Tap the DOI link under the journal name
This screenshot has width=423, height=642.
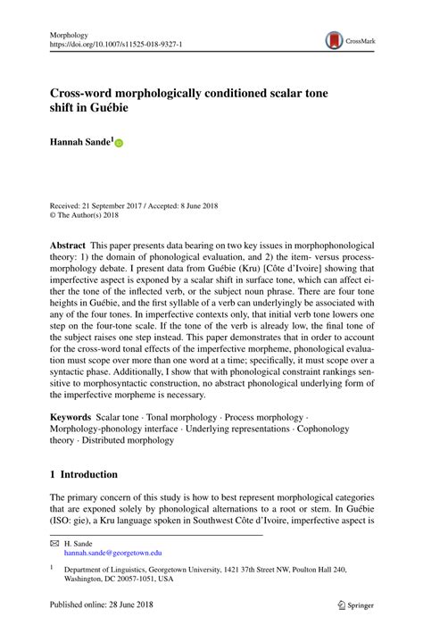[112, 41]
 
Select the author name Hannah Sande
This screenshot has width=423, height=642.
[79, 141]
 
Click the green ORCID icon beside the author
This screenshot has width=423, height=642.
[118, 142]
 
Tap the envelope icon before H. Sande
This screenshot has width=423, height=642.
[54, 543]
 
